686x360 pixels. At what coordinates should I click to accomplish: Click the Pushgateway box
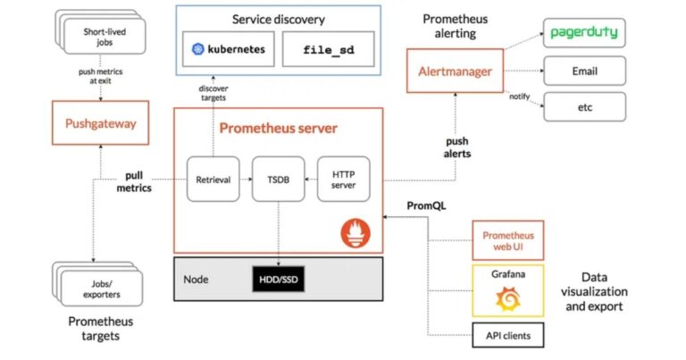pyautogui.click(x=101, y=124)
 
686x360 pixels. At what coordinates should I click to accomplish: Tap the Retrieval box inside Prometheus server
pyautogui.click(x=213, y=179)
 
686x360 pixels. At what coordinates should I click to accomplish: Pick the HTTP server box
pyautogui.click(x=343, y=179)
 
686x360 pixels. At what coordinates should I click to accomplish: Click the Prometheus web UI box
pyautogui.click(x=507, y=240)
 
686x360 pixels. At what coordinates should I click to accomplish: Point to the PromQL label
pyautogui.click(x=426, y=206)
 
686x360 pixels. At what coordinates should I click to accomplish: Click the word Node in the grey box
pyautogui.click(x=196, y=279)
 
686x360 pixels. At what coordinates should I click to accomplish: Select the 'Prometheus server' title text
pyautogui.click(x=279, y=129)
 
